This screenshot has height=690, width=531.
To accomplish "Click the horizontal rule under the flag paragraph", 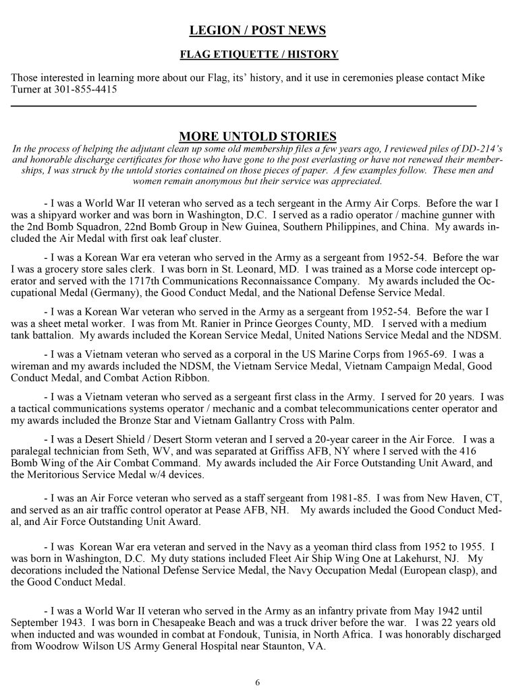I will coord(244,106).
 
